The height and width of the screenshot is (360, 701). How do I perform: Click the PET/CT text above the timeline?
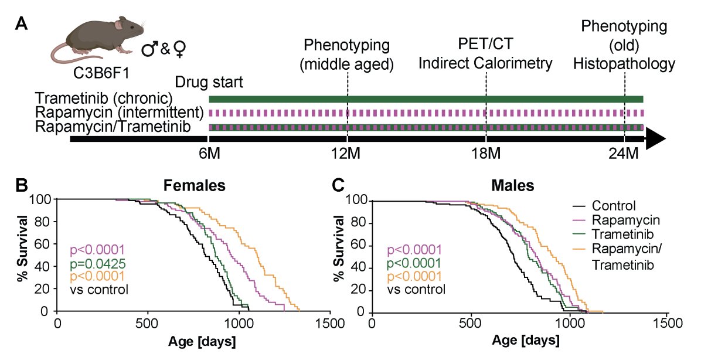pyautogui.click(x=486, y=45)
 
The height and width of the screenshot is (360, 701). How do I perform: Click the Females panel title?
pyautogui.click(x=193, y=186)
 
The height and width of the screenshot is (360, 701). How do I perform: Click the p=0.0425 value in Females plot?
pyautogui.click(x=98, y=263)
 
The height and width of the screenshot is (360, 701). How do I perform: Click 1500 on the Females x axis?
pyautogui.click(x=329, y=323)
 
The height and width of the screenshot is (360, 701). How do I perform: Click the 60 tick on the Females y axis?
pyautogui.click(x=44, y=244)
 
